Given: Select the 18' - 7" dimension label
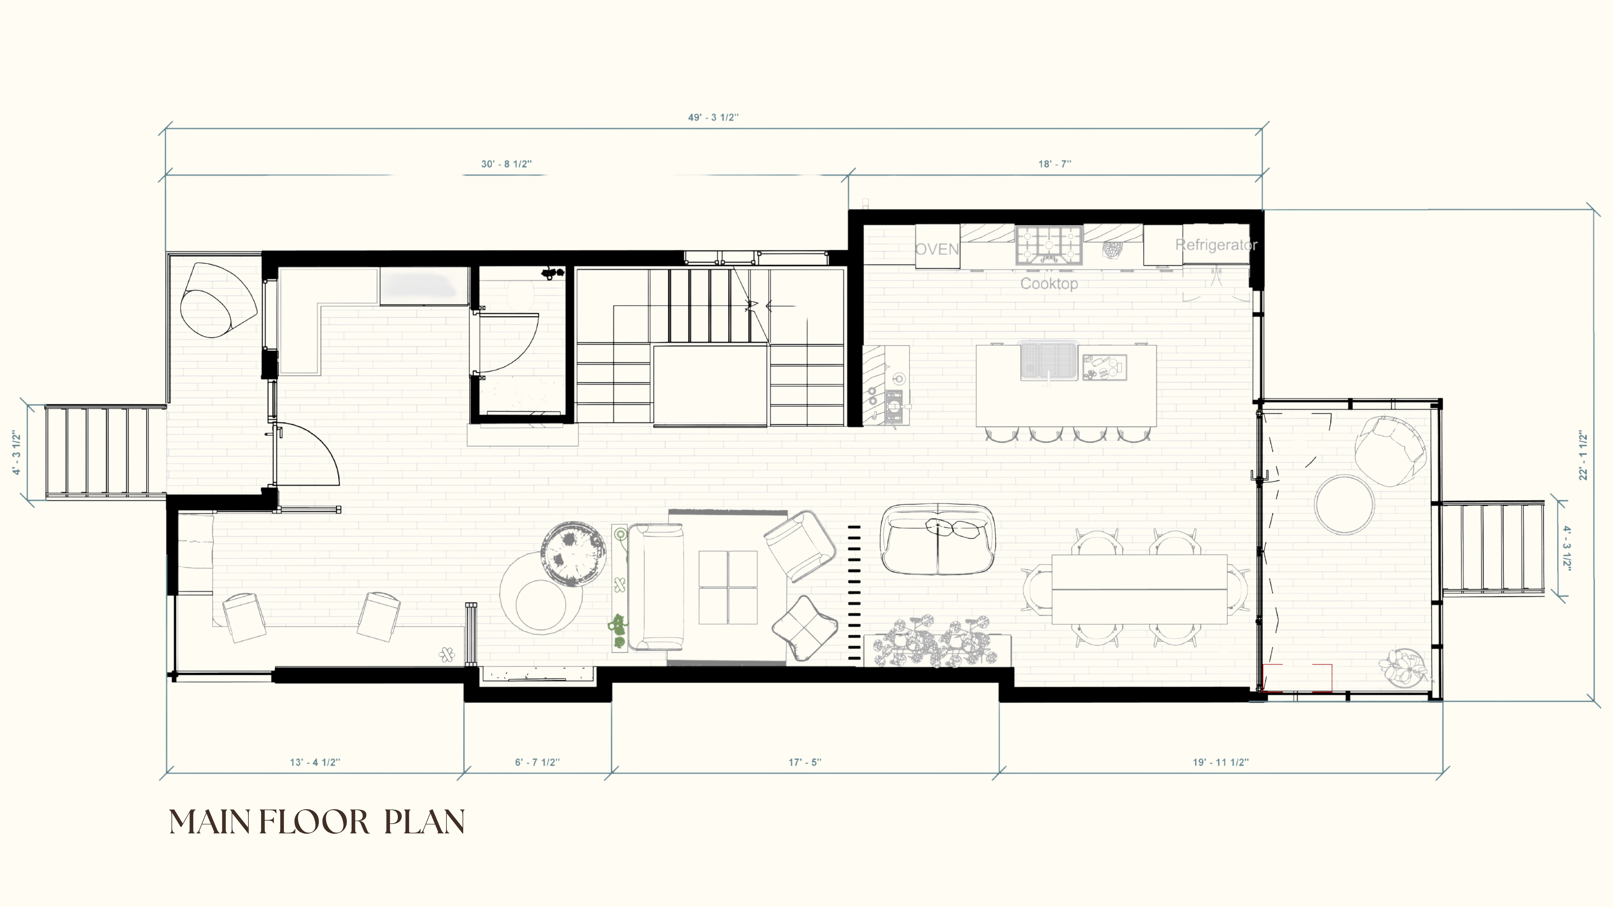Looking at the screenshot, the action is [1054, 164].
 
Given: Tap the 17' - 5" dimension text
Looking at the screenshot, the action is [805, 762].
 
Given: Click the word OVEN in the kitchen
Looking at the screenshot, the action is [937, 249].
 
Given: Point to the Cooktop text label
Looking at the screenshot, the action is [1049, 284].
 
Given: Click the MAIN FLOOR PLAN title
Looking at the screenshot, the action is [317, 822].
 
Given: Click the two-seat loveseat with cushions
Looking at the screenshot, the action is [937, 540].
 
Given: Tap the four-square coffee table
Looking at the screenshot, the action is [728, 587].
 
